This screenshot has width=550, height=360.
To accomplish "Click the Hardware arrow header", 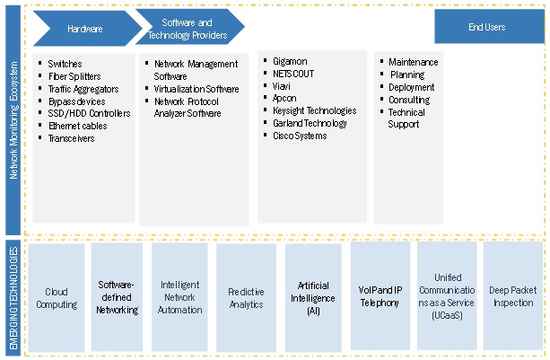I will [84, 29].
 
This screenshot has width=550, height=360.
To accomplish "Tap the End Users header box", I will [487, 28].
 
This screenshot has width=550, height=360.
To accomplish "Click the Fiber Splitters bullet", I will [74, 76].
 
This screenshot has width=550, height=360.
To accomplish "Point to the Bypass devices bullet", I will [77, 101].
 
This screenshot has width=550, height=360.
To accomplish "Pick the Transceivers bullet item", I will [71, 138].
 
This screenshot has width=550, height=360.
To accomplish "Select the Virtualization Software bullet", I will [196, 89].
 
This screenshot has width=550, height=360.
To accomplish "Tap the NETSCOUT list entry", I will [293, 75].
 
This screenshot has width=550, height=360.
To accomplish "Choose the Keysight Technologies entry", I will [314, 111].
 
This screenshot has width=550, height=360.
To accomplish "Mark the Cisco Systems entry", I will [301, 136].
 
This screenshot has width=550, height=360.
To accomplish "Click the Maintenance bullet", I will [413, 63].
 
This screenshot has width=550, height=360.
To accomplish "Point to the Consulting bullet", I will [409, 100].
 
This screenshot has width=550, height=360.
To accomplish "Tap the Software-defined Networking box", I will [118, 298].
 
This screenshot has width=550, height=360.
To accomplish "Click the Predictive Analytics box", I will [246, 298].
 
